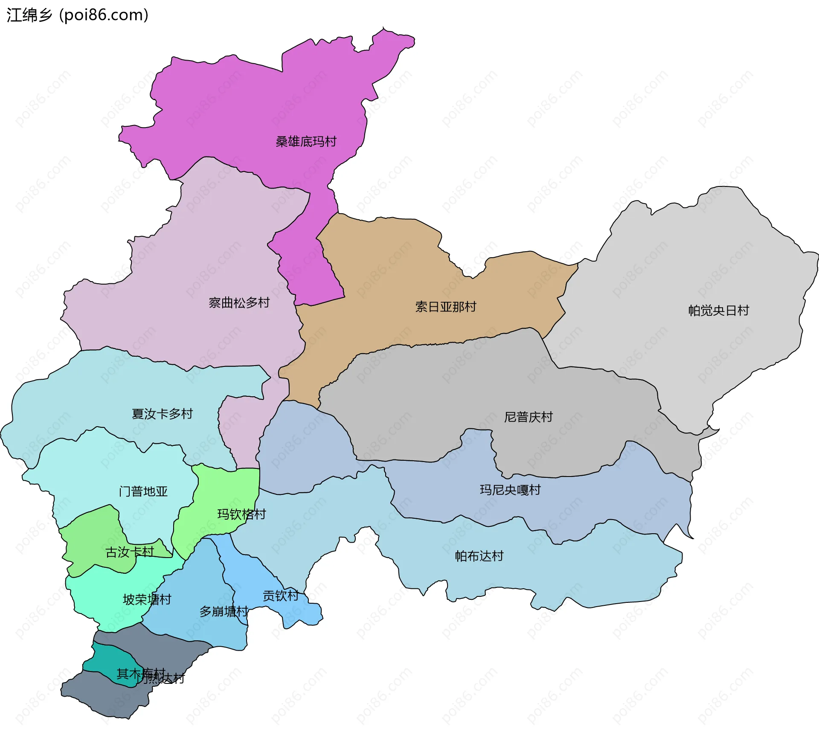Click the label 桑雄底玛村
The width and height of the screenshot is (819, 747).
pyautogui.click(x=306, y=141)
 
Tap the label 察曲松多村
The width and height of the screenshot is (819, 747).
pyautogui.click(x=239, y=302)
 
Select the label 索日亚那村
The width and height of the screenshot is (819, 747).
pyautogui.click(x=445, y=306)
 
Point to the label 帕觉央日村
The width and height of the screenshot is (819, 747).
pyautogui.click(x=718, y=310)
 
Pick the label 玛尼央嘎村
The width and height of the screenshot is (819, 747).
pyautogui.click(x=510, y=489)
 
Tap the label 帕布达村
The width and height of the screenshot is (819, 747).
pyautogui.click(x=479, y=556)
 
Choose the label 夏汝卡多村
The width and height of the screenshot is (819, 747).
pyautogui.click(x=162, y=413)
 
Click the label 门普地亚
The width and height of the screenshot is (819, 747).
pyautogui.click(x=143, y=491)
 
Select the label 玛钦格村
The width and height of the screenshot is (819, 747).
pyautogui.click(x=241, y=514)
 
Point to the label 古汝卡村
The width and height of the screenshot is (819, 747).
pyautogui.click(x=129, y=552)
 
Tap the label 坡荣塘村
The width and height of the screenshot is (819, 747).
pyautogui.click(x=147, y=599)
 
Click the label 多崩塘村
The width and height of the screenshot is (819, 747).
pyautogui.click(x=224, y=611)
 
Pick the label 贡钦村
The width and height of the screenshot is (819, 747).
pyautogui.click(x=280, y=596)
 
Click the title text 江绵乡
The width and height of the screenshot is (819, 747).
pyautogui.click(x=29, y=15)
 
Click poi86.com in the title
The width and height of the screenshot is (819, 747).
pyautogui.click(x=104, y=15)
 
